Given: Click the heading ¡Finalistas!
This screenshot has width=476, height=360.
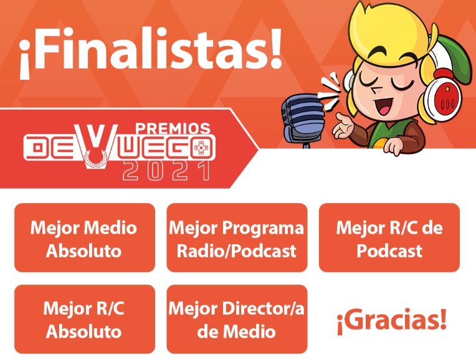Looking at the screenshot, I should [x=150, y=53].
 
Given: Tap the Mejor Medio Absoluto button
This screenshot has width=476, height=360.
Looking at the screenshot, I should [x=84, y=238].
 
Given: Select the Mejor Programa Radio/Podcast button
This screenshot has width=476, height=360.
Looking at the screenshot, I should [x=237, y=238].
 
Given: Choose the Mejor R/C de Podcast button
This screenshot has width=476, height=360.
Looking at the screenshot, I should [x=389, y=238].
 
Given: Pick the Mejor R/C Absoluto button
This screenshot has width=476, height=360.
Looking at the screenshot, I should [x=84, y=319].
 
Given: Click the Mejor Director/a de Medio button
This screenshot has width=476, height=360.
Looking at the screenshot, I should [x=237, y=319].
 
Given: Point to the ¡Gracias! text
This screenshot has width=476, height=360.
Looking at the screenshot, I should [x=391, y=320].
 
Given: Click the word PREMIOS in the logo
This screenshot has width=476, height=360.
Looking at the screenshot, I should [x=173, y=128].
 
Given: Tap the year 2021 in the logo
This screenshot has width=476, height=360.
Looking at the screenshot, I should [x=166, y=170].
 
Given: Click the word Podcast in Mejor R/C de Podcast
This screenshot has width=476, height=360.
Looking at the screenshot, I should [x=389, y=250].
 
